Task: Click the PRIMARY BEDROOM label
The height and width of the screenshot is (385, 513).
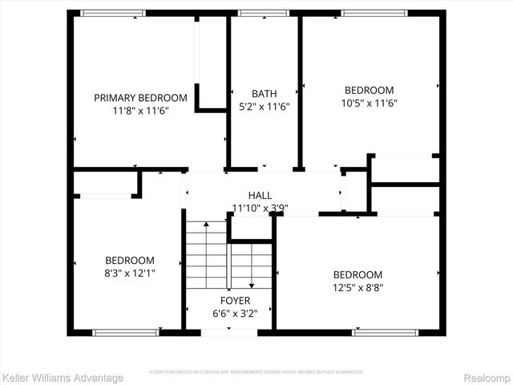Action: point(140,98)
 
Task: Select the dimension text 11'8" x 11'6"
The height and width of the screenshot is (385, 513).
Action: point(140,111)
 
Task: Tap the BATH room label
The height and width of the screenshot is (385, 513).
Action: point(264,93)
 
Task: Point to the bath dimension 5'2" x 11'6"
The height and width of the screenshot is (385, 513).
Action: point(264,106)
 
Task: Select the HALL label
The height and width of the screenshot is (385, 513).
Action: point(260,195)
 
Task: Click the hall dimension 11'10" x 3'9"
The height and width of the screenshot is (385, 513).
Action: point(260,208)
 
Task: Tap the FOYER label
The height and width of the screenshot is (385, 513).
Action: point(230,301)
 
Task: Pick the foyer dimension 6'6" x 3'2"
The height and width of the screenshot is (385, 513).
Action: point(230,314)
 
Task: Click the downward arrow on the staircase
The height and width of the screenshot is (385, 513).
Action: point(252,285)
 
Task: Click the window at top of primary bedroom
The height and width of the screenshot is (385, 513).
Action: point(113,13)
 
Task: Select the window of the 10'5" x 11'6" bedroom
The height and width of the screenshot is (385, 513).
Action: point(374,13)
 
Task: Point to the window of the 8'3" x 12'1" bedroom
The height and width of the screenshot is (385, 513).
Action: point(125,332)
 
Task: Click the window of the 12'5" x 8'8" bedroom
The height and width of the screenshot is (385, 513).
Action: point(374,332)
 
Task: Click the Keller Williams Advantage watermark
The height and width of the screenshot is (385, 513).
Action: point(63,378)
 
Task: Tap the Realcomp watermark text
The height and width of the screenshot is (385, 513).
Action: point(486,378)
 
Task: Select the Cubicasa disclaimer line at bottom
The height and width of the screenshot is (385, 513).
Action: point(256,372)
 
